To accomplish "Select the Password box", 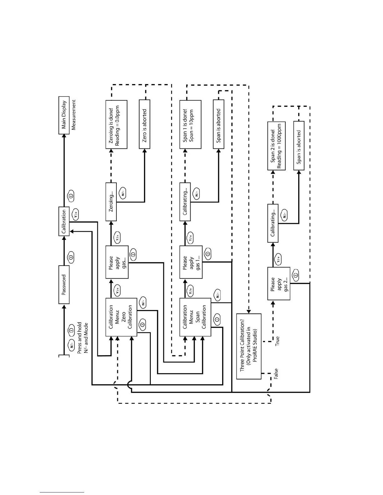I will coord(64,285).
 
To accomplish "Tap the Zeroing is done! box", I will coord(116,124).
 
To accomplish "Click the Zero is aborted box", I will coord(144,124).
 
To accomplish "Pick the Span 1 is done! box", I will coord(190,124).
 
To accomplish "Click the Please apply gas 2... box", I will coord(278,283).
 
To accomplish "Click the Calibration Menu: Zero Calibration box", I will coord(121,317).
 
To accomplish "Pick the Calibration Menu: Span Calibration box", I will coord(195,317).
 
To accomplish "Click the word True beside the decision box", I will coord(277,341).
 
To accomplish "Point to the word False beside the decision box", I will coord(276,374).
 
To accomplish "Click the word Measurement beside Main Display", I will coord(74,115).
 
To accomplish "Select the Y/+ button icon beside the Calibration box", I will coord(75,214).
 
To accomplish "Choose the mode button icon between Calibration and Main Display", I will coord(71,196).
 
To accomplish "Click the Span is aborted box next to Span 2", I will coord(299,146).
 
